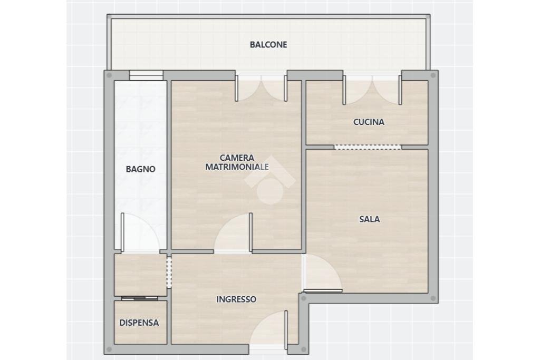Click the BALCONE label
point(268,45)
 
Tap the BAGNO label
point(140,169)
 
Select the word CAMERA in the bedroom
point(237,158)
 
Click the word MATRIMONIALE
point(237,167)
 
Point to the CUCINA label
point(369,122)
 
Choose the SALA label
point(369,219)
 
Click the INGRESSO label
point(236,299)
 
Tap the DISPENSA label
point(139,323)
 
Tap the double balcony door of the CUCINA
point(372,87)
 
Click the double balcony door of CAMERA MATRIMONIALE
point(261,87)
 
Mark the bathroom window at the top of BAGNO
point(146,75)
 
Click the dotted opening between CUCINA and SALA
point(368,147)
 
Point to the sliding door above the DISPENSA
point(139,298)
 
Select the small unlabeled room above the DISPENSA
point(140,275)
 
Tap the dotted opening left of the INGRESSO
point(169,271)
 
